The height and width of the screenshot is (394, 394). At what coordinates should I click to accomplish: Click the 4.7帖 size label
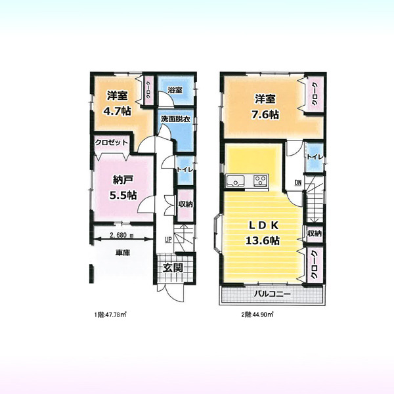pos(118,111)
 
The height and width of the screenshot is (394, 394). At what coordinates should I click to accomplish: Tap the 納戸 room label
pos(123,180)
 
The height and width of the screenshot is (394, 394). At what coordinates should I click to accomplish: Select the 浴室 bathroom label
pos(175,90)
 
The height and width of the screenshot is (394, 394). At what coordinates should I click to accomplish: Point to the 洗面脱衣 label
pos(175,119)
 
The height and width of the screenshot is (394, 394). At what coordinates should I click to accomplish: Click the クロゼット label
pos(112,142)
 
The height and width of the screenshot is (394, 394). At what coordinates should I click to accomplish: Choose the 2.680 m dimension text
pos(121,236)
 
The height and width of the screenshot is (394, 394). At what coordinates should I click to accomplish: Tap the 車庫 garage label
pos(123,253)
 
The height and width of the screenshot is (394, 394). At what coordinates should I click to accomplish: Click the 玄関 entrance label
pos(173,268)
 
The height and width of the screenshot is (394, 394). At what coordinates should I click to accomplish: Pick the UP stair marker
pos(168,240)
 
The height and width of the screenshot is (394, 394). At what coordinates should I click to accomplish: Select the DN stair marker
pos(297,183)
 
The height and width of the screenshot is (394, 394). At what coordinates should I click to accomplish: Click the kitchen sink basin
pos(236,181)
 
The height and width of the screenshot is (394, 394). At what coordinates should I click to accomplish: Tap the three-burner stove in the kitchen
pos(261,181)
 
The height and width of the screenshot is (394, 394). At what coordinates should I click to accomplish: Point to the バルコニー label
pos(272,294)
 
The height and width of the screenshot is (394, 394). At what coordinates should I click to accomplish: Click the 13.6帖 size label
pos(262,241)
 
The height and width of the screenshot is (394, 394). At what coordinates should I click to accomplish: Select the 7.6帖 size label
pos(265,115)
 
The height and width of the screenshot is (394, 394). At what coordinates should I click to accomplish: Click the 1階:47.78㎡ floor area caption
pos(110,315)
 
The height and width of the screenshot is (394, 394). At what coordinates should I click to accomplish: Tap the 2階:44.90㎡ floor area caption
pos(257,315)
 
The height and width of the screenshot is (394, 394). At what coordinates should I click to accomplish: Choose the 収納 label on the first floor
pos(186,204)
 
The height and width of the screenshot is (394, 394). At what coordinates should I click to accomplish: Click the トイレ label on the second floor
pos(315,157)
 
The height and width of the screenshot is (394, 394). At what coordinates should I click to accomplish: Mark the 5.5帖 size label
pos(123,195)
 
